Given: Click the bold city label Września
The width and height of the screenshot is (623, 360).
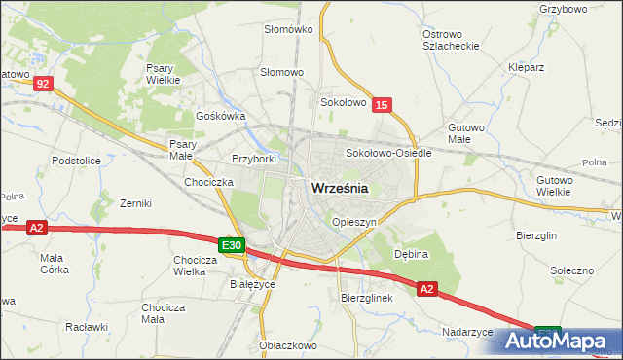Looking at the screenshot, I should (339, 190).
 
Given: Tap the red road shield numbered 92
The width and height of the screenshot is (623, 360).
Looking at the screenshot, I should (42, 85).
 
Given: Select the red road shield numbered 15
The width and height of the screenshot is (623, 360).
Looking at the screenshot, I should (382, 105).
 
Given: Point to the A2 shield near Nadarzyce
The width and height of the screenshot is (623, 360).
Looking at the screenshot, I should (427, 289).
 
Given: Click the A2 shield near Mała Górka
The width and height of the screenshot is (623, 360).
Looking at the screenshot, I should (36, 228).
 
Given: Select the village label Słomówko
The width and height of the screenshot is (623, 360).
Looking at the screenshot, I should (288, 29).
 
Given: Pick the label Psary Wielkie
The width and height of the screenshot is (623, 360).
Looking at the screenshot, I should (160, 74).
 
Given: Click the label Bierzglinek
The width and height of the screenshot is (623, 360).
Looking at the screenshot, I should (366, 298).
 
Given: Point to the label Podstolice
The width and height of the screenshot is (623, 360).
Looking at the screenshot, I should (77, 161).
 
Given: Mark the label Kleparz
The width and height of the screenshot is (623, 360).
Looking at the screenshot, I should (526, 69).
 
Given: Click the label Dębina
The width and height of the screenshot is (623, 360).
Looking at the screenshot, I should (411, 252).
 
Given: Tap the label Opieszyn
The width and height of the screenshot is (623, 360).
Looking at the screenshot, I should (353, 222).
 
